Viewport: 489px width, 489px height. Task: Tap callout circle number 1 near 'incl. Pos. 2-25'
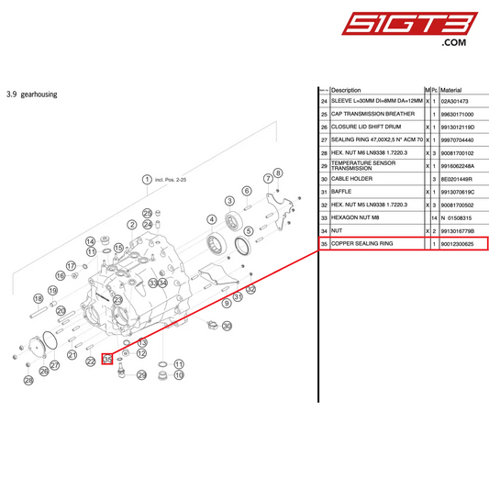[x=145, y=180]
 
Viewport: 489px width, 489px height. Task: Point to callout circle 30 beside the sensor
[x=228, y=326]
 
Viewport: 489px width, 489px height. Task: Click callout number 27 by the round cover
[x=54, y=366]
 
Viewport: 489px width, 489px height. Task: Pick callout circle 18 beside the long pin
[x=39, y=299]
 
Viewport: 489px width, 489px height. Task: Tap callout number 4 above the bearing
[x=211, y=219]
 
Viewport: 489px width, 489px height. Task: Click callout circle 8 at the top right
[x=278, y=172]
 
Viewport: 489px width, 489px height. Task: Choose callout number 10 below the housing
[x=179, y=375]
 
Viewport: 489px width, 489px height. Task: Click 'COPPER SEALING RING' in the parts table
[x=361, y=244]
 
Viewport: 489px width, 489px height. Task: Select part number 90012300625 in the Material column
[x=463, y=244]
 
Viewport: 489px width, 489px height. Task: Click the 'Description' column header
[x=346, y=90]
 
